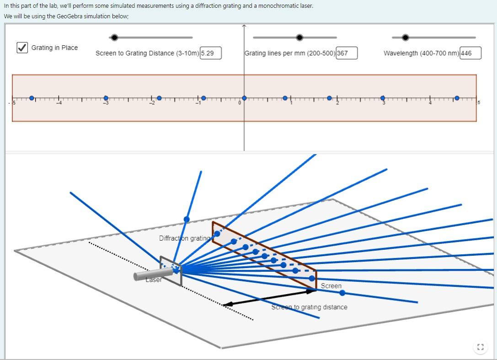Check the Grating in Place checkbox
coord(22,48)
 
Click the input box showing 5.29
coord(210,53)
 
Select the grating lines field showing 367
coord(346,53)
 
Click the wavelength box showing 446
coord(470,53)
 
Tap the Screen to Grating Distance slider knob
coord(114,38)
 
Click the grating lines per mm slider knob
coord(299,38)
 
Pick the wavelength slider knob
coord(405,38)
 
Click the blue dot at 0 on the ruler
coord(244,98)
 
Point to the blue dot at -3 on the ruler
coord(106,98)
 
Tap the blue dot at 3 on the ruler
coord(383,98)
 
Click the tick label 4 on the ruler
coord(430,103)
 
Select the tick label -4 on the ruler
coord(58,103)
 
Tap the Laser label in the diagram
coord(154,280)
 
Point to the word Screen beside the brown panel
coord(331,286)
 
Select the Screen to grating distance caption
coord(309,307)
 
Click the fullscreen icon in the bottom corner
coord(480,347)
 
